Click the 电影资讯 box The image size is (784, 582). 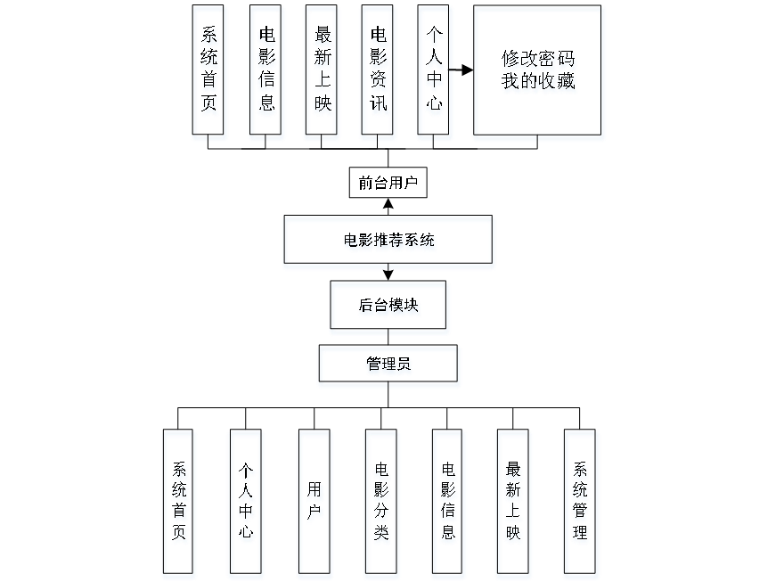tap(380, 73)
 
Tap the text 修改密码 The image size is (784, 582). tap(539, 61)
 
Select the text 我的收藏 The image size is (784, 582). tap(539, 84)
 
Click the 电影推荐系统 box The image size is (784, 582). tap(389, 242)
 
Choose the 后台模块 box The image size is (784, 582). tap(389, 307)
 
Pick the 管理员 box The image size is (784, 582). tap(389, 365)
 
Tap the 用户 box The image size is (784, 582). tap(314, 504)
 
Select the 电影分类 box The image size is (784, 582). tap(381, 504)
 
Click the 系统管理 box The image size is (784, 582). tap(581, 504)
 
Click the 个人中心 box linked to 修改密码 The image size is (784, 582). tap(435, 73)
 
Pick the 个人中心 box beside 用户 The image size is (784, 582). tap(246, 504)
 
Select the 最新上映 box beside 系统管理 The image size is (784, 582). tap(514, 504)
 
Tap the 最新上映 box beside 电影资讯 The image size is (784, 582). tap(323, 73)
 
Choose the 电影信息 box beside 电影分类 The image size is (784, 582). tap(448, 504)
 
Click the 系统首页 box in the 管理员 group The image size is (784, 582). tap(180, 504)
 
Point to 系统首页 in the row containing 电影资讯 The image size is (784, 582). tap(209, 73)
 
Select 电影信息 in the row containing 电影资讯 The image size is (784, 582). tap(266, 73)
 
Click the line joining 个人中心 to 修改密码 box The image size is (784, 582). tap(462, 70)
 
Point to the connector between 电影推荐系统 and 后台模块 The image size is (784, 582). tap(389, 275)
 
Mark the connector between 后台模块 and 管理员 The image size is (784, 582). tap(389, 340)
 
